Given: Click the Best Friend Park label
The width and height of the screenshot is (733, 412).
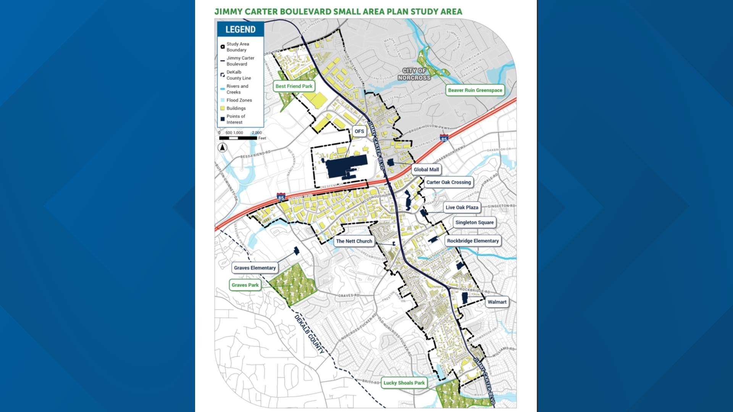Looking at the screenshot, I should (x=294, y=86).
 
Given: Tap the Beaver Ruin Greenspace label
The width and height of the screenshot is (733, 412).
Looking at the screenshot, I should (x=475, y=90).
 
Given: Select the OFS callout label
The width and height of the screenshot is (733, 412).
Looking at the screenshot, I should (x=359, y=131).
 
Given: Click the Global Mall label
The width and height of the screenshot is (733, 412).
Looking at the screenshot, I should (x=426, y=170).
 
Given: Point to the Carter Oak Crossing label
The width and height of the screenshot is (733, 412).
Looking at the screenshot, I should (x=448, y=182).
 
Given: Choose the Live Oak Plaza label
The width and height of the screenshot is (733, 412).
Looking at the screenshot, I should (x=462, y=208).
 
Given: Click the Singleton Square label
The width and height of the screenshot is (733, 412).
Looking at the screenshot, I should (x=474, y=222).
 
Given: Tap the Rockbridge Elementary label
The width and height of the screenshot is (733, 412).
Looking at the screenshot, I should (x=473, y=241).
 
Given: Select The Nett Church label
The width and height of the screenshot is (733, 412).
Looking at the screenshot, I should (x=354, y=241).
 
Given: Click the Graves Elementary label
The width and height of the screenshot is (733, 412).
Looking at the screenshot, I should (x=255, y=268).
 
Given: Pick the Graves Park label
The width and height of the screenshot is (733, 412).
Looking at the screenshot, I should (x=245, y=285).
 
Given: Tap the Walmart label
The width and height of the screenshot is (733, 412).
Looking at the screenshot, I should (x=497, y=302).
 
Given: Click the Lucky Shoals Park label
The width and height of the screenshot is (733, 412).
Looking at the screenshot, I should (x=404, y=383).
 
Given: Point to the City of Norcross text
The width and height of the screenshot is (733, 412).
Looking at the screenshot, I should (x=414, y=74).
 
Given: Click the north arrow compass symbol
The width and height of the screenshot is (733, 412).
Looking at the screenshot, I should (x=223, y=148).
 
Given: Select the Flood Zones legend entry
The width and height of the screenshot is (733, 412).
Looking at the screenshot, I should (x=239, y=100).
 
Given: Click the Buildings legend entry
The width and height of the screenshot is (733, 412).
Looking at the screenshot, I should (x=236, y=108).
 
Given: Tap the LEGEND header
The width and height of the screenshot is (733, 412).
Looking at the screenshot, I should (x=240, y=29).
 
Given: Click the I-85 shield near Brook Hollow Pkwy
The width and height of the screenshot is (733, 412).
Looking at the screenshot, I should (x=444, y=138).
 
